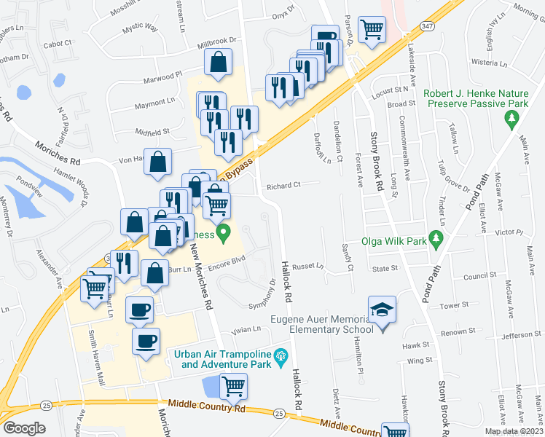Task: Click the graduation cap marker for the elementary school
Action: point(382,309)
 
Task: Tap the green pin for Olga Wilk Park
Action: point(436,239)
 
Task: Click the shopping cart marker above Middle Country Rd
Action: point(233,386)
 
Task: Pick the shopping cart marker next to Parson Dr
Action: point(372,30)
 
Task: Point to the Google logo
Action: point(24,428)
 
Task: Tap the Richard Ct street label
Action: point(283,186)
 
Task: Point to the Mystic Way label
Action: point(140,27)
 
